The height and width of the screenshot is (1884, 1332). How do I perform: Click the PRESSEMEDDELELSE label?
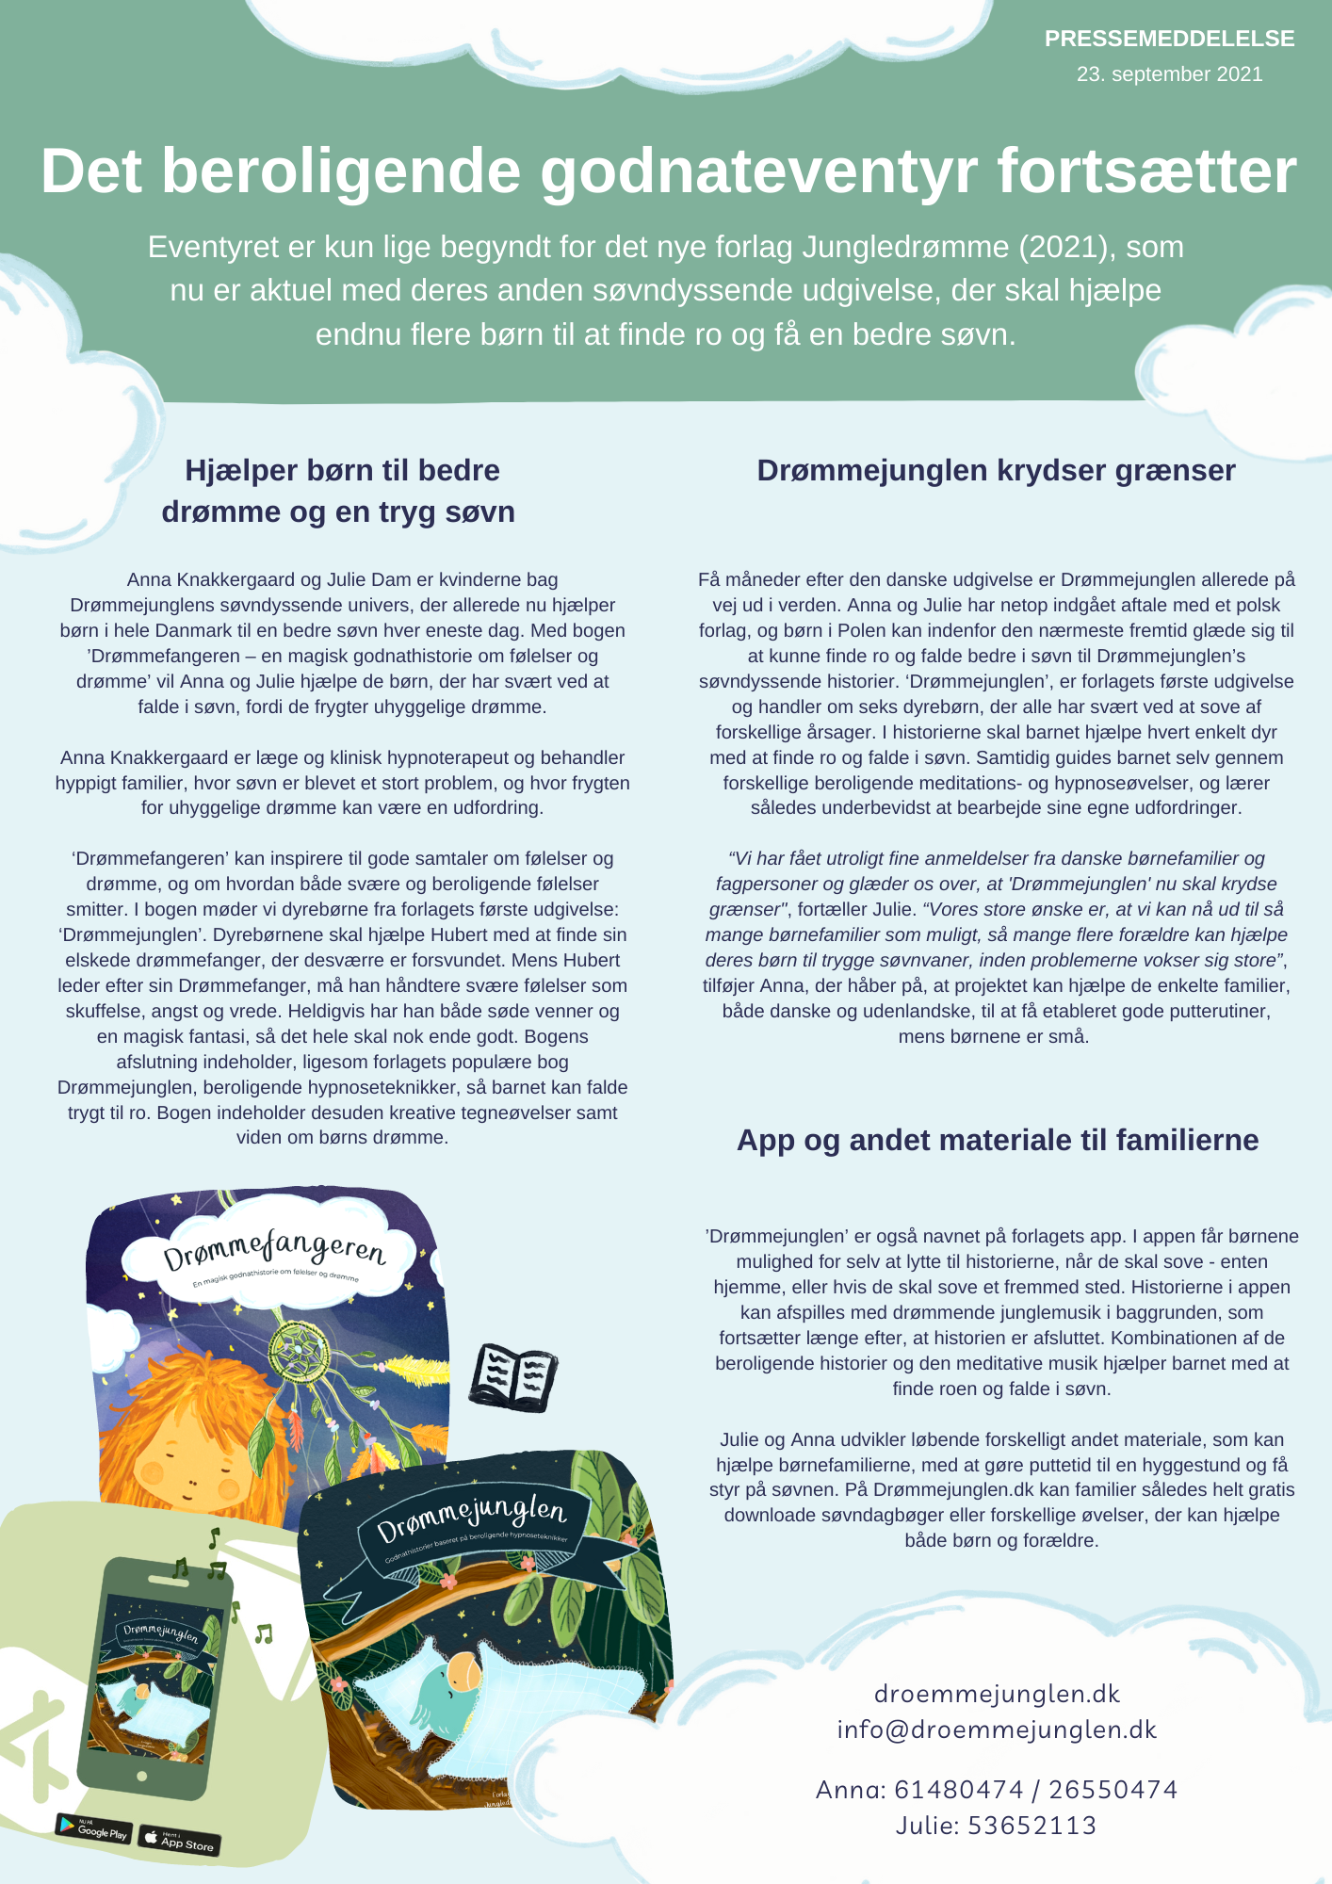tap(1169, 39)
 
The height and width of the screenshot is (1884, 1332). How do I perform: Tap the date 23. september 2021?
tap(1169, 74)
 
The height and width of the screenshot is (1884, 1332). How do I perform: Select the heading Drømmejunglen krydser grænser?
tap(996, 470)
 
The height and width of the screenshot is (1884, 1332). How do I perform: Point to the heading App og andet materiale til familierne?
tap(997, 1140)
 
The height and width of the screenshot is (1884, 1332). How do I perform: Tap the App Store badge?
tap(180, 1838)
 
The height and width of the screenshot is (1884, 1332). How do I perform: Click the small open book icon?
tap(513, 1377)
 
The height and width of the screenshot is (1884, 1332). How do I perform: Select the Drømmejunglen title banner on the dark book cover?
tap(471, 1517)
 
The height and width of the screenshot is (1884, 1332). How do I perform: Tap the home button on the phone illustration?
tap(142, 1776)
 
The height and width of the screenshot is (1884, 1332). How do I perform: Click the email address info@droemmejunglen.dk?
tap(997, 1730)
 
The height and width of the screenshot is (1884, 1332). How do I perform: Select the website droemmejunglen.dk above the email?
tap(997, 1694)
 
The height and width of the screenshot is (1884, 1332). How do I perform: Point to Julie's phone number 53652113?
tap(1031, 1826)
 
